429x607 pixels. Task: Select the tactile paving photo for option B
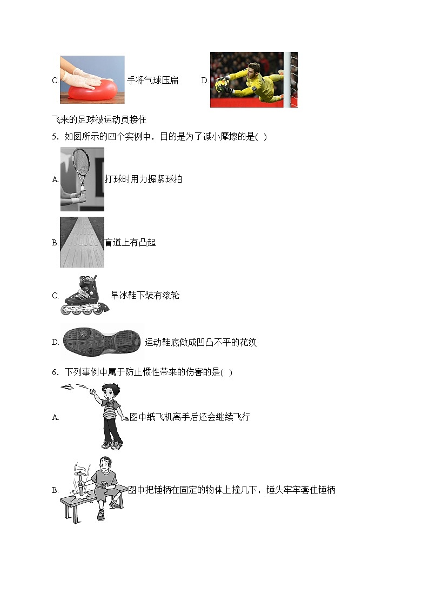click(82, 242)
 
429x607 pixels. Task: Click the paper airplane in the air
click(69, 387)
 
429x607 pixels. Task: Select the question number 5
click(55, 136)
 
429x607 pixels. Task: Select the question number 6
click(55, 372)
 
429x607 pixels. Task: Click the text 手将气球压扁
click(152, 81)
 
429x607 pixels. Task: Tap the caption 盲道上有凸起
click(130, 243)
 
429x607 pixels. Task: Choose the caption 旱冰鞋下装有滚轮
click(145, 295)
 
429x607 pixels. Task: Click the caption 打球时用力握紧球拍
click(143, 179)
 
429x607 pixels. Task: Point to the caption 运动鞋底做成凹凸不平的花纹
click(200, 342)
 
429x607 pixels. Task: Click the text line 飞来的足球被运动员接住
click(99, 119)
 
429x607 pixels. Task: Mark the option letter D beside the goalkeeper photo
click(205, 81)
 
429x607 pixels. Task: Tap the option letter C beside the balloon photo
click(55, 81)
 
